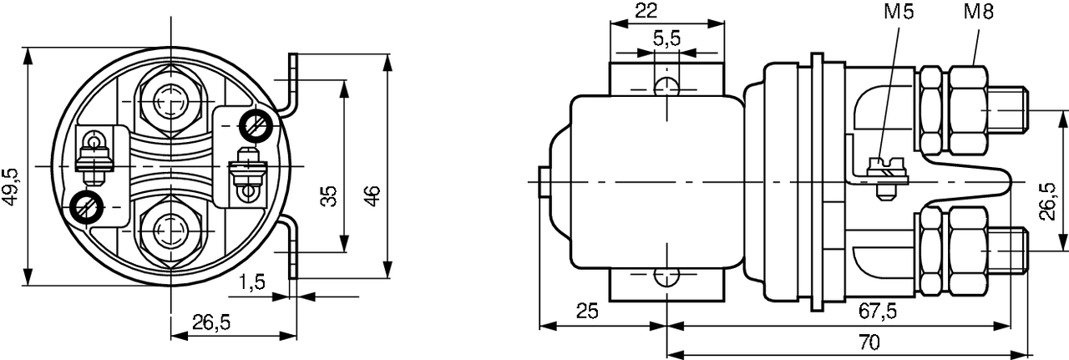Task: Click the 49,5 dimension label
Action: tap(11, 187)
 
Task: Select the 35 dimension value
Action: tap(328, 196)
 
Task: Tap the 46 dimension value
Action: tap(372, 195)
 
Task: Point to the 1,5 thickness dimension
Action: tap(251, 282)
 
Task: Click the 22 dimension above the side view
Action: tap(646, 11)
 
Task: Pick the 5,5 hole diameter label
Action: tap(666, 39)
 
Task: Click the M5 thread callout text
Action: tap(899, 11)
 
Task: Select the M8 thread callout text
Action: tap(979, 11)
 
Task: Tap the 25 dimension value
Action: tap(587, 311)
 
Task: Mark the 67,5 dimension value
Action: tap(878, 312)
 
